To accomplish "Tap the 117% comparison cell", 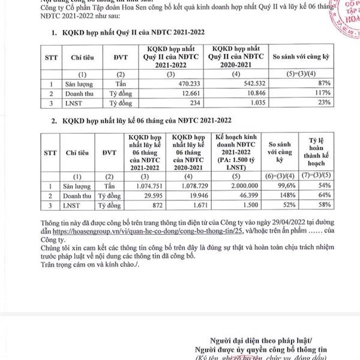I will pos(320,94).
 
